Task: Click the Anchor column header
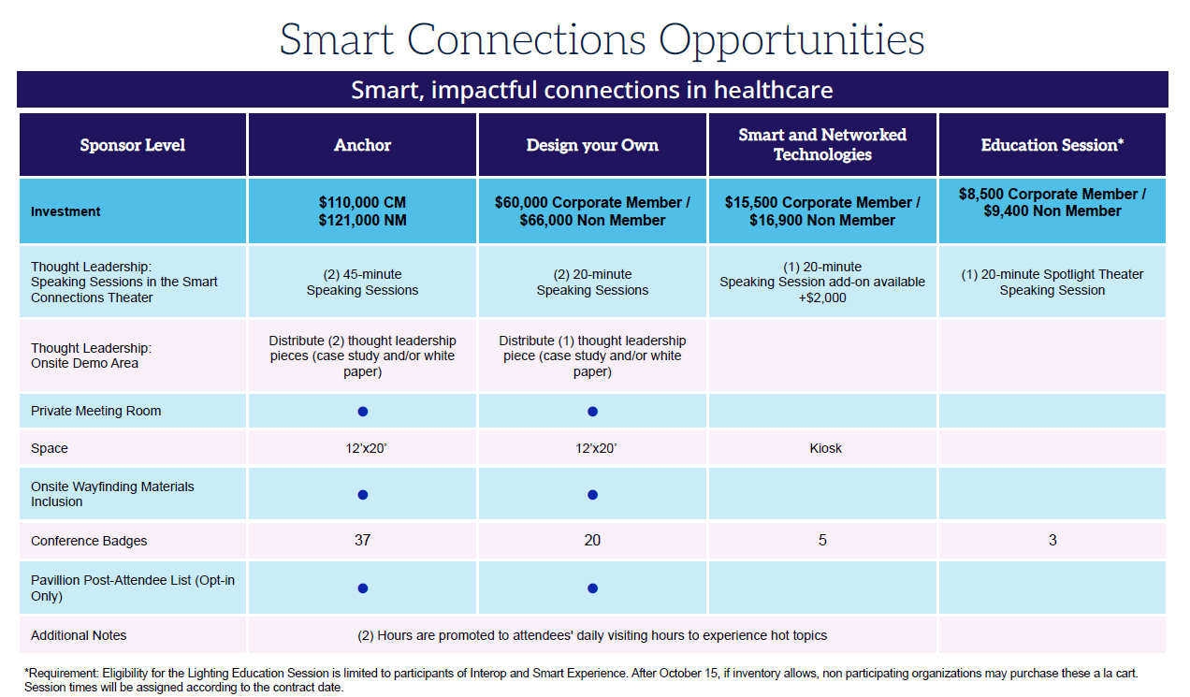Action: pos(362,145)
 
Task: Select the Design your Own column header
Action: pos(592,145)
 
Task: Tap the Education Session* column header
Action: pos(1052,145)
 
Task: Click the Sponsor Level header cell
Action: pos(132,145)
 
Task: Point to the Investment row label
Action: pos(65,211)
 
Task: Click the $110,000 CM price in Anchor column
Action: pos(362,202)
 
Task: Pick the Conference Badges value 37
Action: pos(362,541)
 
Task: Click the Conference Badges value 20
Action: pos(592,541)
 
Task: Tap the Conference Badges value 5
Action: pos(822,541)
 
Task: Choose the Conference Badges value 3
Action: pos(1052,541)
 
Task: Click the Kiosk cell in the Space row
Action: pos(825,448)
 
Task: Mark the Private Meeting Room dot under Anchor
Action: pos(363,412)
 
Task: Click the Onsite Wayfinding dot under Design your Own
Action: pos(592,495)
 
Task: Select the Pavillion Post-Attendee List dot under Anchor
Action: pos(363,588)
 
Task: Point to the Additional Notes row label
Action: pos(79,635)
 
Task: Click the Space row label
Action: pos(50,448)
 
